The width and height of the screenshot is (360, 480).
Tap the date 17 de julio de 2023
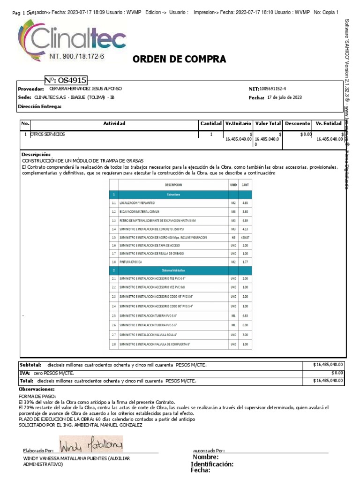284,97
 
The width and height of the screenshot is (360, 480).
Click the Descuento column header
297,123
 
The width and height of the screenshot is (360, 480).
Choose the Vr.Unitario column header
238,123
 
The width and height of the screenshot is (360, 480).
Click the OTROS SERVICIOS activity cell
48,134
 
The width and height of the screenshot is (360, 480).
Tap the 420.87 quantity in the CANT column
245,238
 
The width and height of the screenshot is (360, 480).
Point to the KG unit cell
233,238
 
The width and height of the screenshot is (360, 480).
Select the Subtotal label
30,364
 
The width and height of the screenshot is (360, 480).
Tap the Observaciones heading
37,389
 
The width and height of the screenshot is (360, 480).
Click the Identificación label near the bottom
212,464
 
